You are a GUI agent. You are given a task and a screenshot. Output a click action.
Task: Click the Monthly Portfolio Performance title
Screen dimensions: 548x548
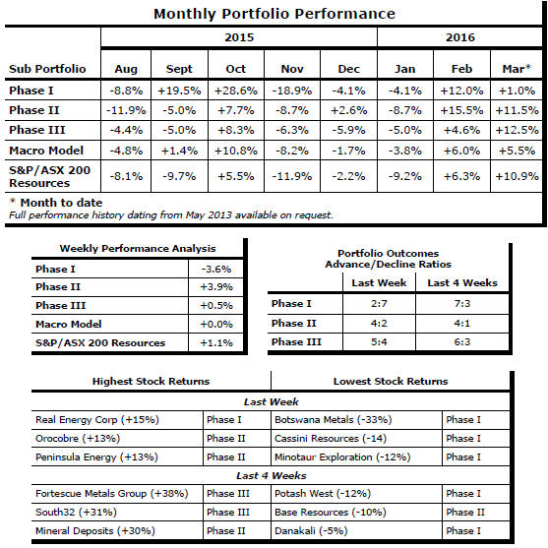(x=274, y=15)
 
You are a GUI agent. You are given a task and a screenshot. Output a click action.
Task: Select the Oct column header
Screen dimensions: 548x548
(x=236, y=69)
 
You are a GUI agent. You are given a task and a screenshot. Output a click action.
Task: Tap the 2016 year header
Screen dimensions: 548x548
(x=459, y=37)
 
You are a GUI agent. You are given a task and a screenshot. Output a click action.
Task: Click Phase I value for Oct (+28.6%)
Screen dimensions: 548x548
(x=236, y=91)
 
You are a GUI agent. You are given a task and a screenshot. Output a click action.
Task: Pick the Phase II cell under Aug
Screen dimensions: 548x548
(x=126, y=110)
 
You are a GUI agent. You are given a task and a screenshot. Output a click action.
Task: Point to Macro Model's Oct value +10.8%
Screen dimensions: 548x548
(x=236, y=151)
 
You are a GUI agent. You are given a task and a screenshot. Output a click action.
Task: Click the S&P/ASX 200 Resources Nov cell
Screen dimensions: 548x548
(x=292, y=176)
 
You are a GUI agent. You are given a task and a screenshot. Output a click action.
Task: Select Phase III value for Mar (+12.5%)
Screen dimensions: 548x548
(x=517, y=130)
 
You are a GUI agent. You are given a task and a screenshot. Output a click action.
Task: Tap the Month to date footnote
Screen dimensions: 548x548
(x=56, y=203)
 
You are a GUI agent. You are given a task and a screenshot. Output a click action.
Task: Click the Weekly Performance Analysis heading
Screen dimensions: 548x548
(x=138, y=249)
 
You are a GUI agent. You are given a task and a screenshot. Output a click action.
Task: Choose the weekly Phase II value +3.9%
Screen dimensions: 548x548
(x=216, y=287)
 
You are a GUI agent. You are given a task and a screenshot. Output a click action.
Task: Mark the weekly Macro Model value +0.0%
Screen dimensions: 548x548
(x=216, y=325)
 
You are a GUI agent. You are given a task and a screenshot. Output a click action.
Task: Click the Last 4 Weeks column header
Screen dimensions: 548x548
(x=462, y=282)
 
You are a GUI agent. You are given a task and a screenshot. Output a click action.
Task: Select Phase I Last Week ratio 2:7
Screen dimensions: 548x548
(x=379, y=303)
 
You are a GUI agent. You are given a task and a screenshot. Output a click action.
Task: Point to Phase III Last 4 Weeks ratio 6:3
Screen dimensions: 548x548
(x=462, y=341)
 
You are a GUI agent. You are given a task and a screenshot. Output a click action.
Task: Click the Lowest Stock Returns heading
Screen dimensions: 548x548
(x=391, y=382)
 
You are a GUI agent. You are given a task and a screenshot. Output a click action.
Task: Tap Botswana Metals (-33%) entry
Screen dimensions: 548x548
(x=334, y=420)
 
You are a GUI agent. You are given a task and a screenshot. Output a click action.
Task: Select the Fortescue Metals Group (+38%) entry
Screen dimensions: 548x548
(x=112, y=494)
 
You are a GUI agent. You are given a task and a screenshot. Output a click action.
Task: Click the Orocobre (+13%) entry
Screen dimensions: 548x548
(x=78, y=438)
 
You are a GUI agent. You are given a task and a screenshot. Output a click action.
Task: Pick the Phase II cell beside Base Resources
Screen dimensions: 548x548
(x=465, y=513)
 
